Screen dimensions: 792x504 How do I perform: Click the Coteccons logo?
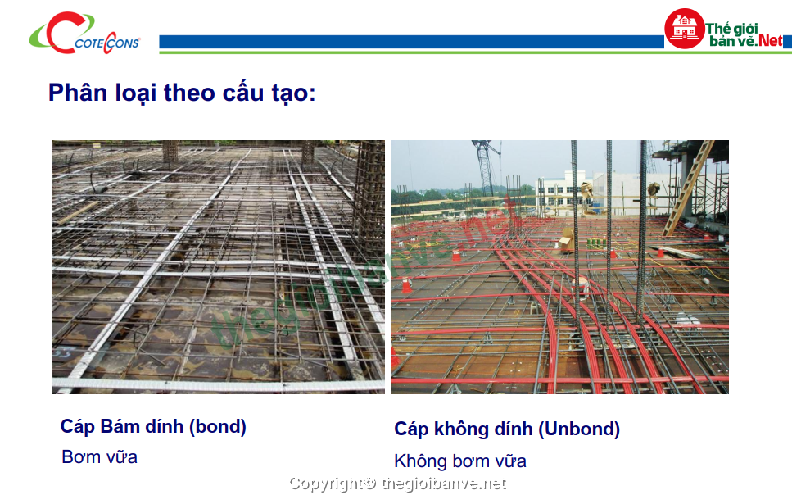[x=84, y=34]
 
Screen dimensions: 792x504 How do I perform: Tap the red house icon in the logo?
[x=684, y=29]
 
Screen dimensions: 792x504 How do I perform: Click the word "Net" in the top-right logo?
[x=770, y=40]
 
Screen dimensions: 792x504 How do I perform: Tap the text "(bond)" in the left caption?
[x=218, y=427]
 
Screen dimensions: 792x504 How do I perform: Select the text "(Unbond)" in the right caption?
[x=579, y=429]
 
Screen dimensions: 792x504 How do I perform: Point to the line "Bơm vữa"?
[x=99, y=457]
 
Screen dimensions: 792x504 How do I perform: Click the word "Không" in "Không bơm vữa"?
[x=420, y=461]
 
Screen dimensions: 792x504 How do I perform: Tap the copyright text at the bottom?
[x=397, y=484]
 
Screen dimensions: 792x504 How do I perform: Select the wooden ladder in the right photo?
[x=687, y=188]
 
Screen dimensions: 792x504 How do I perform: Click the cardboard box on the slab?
[x=566, y=240]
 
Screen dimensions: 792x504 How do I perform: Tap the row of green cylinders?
[x=596, y=243]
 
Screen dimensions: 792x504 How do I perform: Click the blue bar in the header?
[x=411, y=42]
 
